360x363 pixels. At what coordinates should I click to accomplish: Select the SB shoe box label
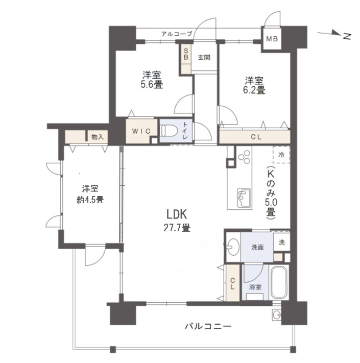[x=186, y=54]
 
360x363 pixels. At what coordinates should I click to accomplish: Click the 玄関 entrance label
[x=204, y=57]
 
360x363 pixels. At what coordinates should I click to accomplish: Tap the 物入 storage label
[x=97, y=137]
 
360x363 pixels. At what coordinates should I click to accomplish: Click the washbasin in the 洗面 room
[x=233, y=247]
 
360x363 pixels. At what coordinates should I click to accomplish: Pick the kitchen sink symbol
[x=243, y=197]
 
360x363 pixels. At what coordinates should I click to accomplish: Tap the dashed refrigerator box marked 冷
[x=281, y=154]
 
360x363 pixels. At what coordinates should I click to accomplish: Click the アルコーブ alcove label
[x=176, y=34]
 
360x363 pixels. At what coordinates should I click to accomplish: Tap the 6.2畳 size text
[x=254, y=90]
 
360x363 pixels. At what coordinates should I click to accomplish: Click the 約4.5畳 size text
[x=90, y=200]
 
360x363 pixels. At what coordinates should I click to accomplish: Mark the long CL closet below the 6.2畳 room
[x=254, y=137]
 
